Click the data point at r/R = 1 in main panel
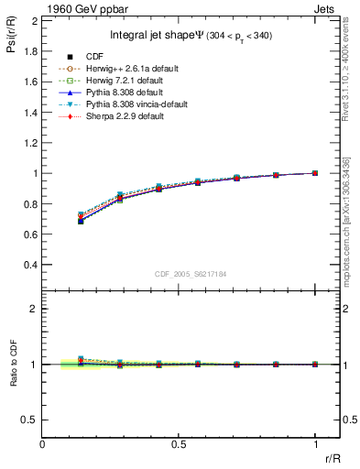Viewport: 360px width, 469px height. pyautogui.click(x=315, y=172)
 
